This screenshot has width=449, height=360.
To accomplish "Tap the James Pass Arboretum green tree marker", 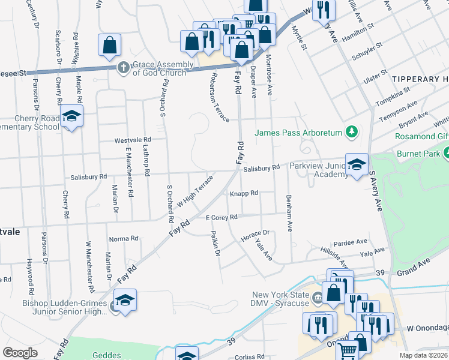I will click(x=354, y=131).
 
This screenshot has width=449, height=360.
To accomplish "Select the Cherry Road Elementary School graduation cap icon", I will click(x=71, y=116).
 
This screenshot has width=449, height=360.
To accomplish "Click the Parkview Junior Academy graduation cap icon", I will click(x=357, y=164).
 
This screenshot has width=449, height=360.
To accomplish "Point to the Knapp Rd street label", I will click(x=244, y=193).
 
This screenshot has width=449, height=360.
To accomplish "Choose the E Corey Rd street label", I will click(x=221, y=217).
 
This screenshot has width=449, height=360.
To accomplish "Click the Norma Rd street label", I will click(x=124, y=239).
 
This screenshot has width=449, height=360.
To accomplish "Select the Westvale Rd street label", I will click(x=133, y=140).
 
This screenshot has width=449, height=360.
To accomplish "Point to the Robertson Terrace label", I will click(x=219, y=97).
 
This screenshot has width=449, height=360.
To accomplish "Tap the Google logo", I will click(x=20, y=352).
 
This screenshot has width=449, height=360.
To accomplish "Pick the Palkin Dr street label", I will click(x=215, y=243).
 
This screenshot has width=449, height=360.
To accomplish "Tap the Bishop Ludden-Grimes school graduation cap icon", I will click(x=125, y=300).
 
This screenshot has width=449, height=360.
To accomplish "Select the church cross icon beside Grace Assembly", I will click(x=123, y=67).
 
